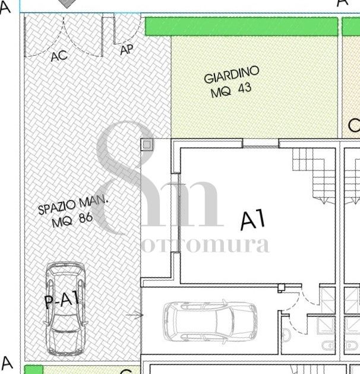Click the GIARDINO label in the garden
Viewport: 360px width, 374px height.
point(231,74)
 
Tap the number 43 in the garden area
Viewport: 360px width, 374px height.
point(245,88)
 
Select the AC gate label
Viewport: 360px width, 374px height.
point(59,56)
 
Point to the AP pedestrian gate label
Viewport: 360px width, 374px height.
point(127,50)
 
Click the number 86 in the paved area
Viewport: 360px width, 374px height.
point(85,218)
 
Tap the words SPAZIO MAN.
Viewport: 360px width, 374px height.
point(73,205)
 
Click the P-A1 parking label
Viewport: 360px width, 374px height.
point(62,300)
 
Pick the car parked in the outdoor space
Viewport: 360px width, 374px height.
point(65,309)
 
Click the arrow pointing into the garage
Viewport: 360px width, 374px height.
point(135,315)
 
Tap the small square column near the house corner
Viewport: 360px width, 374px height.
point(147,144)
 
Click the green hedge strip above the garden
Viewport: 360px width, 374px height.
point(241,26)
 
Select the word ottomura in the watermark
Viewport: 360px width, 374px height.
point(206,245)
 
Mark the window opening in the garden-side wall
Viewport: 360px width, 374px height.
point(261,144)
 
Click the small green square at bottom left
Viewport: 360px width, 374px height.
point(34,369)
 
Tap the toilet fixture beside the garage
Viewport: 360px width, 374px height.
point(286,334)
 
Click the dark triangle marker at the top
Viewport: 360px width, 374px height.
point(67,4)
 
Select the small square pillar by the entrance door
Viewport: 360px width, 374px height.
point(281,288)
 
